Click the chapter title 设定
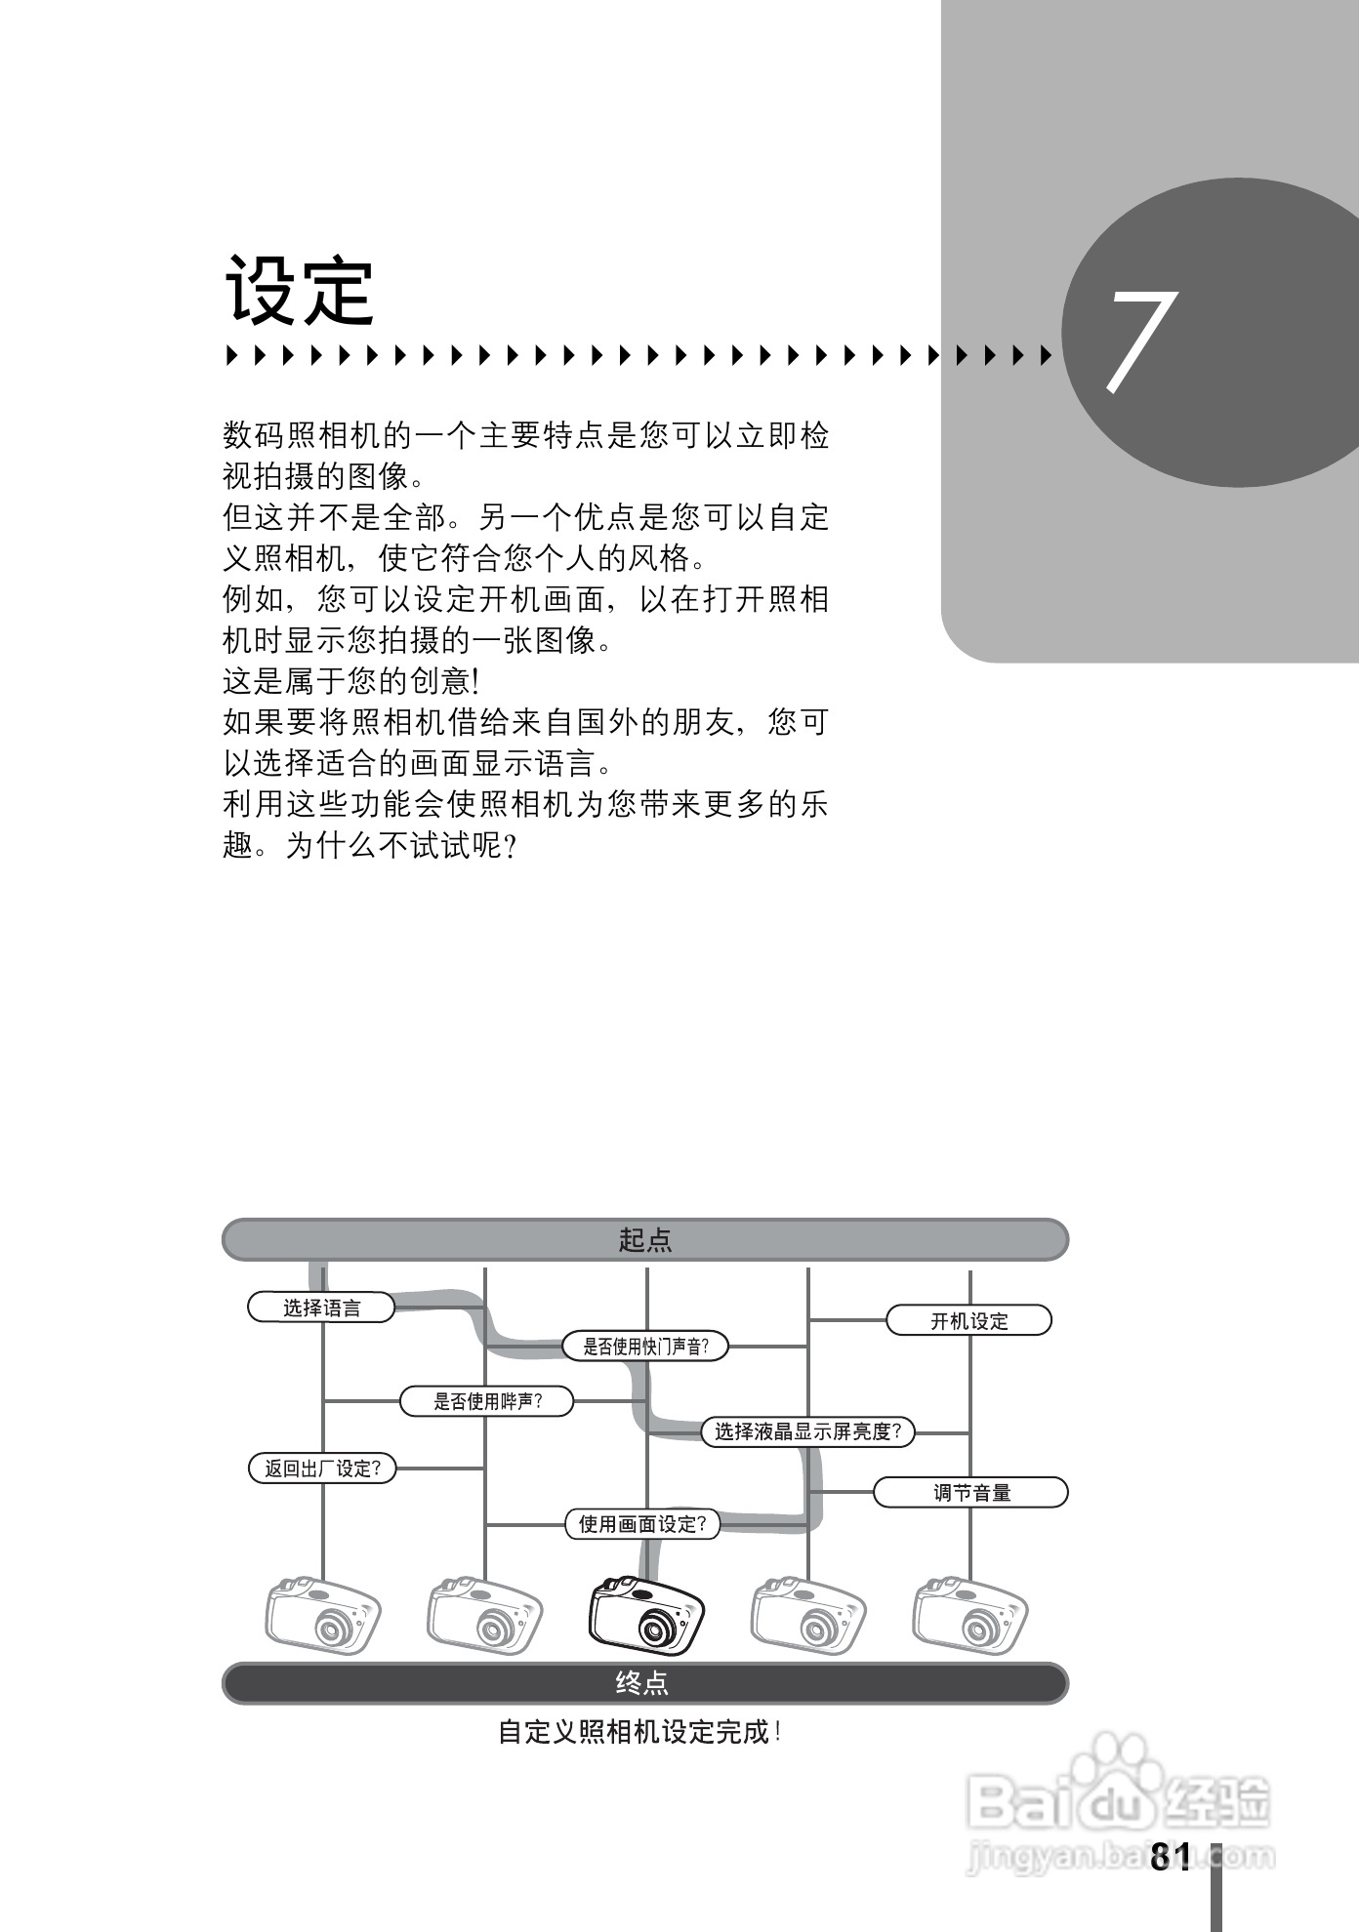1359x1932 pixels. point(300,290)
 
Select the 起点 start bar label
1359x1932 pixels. point(645,1240)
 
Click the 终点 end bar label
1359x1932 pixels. point(643,1683)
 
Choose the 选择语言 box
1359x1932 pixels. point(321,1308)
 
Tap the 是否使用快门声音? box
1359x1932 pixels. point(645,1347)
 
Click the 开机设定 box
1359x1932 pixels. point(968,1321)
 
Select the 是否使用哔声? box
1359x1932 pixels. point(487,1402)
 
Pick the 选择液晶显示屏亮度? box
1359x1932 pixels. point(807,1431)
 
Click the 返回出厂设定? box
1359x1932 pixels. point(322,1469)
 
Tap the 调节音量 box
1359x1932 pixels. point(970,1493)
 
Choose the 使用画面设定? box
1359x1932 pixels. point(642,1524)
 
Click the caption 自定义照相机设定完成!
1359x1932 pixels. point(639,1732)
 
